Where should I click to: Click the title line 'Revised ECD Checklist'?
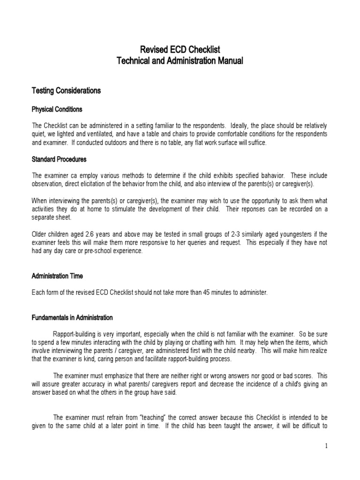(180, 50)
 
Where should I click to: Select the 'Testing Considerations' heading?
(66, 90)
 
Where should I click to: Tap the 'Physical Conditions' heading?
(57, 109)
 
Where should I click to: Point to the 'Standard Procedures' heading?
(59, 159)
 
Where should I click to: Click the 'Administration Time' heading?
(57, 276)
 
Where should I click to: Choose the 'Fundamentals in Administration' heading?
(72, 317)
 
